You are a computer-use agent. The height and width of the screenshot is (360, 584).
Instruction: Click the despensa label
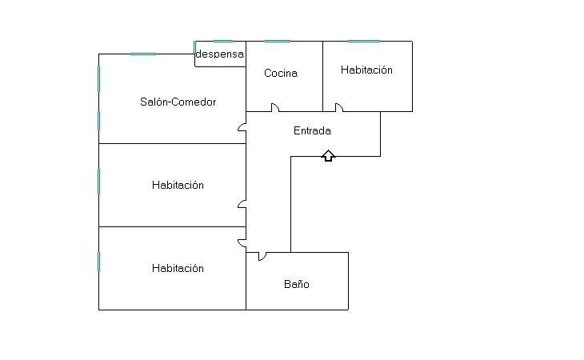pyautogui.click(x=220, y=54)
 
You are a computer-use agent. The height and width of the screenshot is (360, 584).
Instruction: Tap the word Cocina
pyautogui.click(x=281, y=73)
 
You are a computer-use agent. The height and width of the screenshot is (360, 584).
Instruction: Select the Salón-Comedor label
pyautogui.click(x=178, y=102)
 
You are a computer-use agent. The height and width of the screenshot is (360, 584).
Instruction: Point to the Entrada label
pyautogui.click(x=312, y=130)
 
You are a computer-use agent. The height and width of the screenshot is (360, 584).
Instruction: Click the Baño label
pyautogui.click(x=296, y=284)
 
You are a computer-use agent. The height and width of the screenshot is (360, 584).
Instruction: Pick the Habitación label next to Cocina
pyautogui.click(x=366, y=70)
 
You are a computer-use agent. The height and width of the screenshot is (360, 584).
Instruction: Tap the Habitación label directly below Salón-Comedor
pyautogui.click(x=178, y=185)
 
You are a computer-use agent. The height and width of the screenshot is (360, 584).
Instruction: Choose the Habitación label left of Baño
pyautogui.click(x=178, y=268)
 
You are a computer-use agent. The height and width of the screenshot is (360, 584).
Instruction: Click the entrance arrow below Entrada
pyautogui.click(x=328, y=155)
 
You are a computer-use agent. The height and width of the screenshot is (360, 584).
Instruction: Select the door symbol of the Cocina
pyautogui.click(x=274, y=108)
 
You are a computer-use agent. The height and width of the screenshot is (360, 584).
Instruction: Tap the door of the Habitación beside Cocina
pyautogui.click(x=338, y=108)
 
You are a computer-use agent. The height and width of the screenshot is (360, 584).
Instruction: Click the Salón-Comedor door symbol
pyautogui.click(x=242, y=126)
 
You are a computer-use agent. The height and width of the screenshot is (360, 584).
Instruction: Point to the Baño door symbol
pyautogui.click(x=262, y=256)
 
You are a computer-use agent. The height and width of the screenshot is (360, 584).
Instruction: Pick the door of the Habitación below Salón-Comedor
pyautogui.click(x=242, y=204)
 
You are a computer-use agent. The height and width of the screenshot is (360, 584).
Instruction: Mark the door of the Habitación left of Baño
pyautogui.click(x=242, y=242)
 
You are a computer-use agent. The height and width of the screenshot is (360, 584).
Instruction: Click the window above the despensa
pyautogui.click(x=220, y=42)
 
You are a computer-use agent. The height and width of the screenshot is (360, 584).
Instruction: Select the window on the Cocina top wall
pyautogui.click(x=277, y=42)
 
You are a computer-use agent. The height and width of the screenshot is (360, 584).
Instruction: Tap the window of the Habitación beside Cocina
pyautogui.click(x=364, y=42)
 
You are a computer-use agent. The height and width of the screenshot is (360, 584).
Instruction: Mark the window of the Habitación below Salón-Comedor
pyautogui.click(x=99, y=181)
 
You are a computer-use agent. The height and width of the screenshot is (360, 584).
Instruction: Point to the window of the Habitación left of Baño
pyautogui.click(x=99, y=261)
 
